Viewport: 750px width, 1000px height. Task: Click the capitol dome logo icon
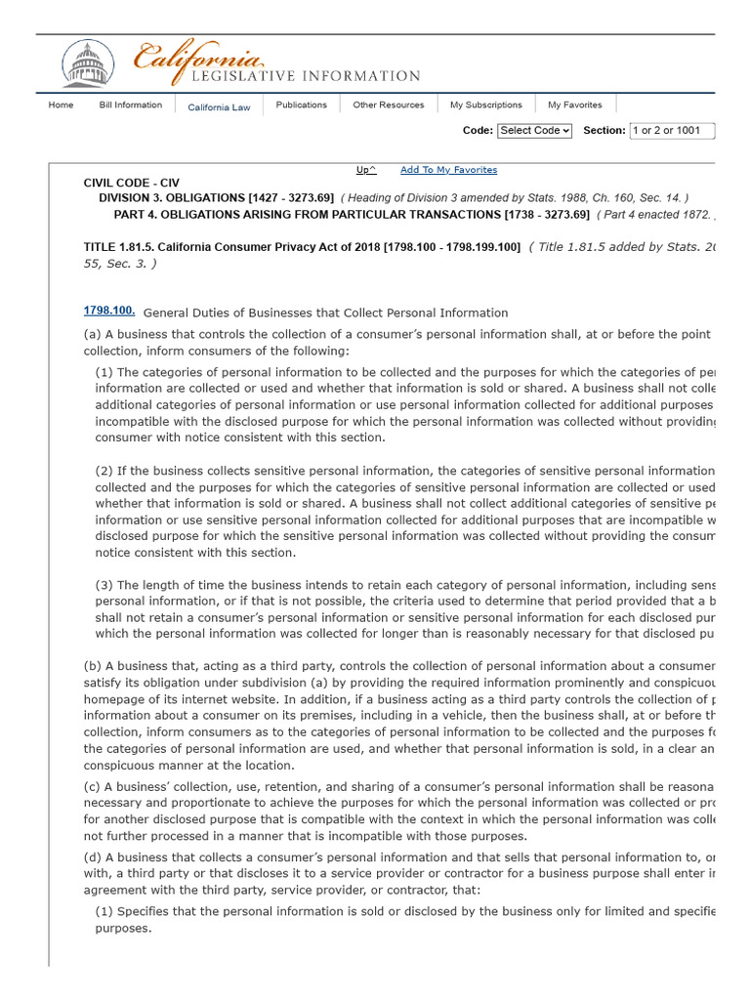[x=87, y=63]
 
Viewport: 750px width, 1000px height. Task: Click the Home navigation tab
[x=61, y=104]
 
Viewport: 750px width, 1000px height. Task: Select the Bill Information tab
[x=131, y=104]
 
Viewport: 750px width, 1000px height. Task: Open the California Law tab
[x=219, y=107]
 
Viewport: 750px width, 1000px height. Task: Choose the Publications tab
[x=301, y=104]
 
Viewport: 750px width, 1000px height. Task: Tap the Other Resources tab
[x=389, y=104]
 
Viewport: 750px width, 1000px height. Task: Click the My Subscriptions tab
[x=485, y=104]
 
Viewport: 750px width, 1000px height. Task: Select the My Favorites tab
[x=574, y=104]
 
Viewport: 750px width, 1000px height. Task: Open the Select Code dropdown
[x=534, y=130]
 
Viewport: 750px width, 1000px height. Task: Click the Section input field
[x=672, y=130]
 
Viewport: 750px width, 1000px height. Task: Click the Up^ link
[x=366, y=170]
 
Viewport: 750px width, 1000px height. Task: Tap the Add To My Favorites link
[x=448, y=170]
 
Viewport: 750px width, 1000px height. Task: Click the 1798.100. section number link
[x=109, y=311]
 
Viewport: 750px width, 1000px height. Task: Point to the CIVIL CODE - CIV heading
[x=132, y=183]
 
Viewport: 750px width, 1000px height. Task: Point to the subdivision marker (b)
[x=92, y=666]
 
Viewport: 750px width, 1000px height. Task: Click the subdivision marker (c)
[x=92, y=787]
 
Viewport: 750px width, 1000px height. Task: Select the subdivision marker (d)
[x=92, y=857]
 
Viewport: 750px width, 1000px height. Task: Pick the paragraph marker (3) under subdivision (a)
[x=104, y=585]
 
